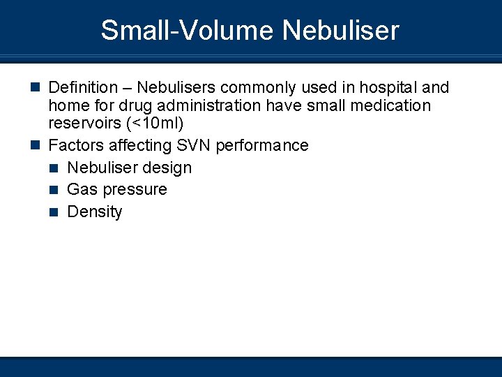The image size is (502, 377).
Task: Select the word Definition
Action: pyautogui.click(x=83, y=88)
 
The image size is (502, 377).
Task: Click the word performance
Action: pyautogui.click(x=262, y=146)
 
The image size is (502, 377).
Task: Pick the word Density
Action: pyautogui.click(x=95, y=212)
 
